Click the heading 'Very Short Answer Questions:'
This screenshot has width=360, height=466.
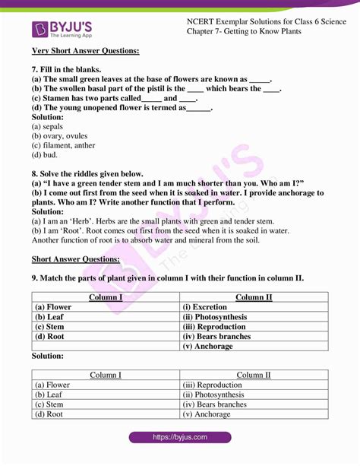[85, 51]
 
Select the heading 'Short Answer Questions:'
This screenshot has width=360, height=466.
[75, 259]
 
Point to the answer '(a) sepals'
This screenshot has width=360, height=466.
[48, 126]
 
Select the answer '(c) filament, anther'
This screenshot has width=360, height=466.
[63, 145]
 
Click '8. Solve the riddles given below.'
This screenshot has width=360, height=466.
[87, 173]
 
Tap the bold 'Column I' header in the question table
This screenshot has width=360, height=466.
[106, 297]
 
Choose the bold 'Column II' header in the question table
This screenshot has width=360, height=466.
[254, 297]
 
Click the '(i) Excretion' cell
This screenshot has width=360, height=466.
[211, 307]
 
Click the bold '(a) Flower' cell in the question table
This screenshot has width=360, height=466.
[52, 307]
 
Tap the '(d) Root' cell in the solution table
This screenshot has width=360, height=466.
[49, 414]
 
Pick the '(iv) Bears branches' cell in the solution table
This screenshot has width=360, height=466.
[214, 404]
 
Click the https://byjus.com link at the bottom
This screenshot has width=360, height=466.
[180, 438]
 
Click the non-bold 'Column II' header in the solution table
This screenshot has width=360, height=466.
[254, 375]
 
